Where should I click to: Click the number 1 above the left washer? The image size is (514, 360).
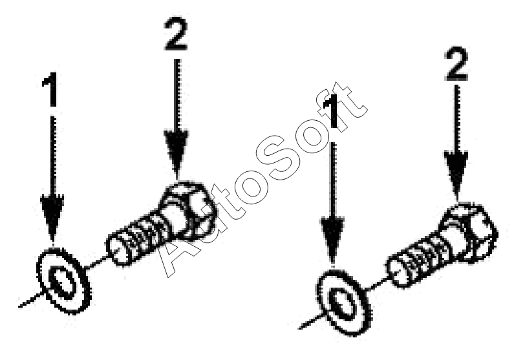coord(51,89)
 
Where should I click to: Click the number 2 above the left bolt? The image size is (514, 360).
coord(176,34)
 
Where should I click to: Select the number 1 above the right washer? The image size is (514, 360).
coord(332,110)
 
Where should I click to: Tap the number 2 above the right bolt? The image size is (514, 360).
coord(456,64)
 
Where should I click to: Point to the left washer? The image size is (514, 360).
coord(63,281)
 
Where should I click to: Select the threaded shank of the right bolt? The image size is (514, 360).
coord(419,262)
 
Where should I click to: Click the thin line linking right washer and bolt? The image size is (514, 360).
coord(378,284)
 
